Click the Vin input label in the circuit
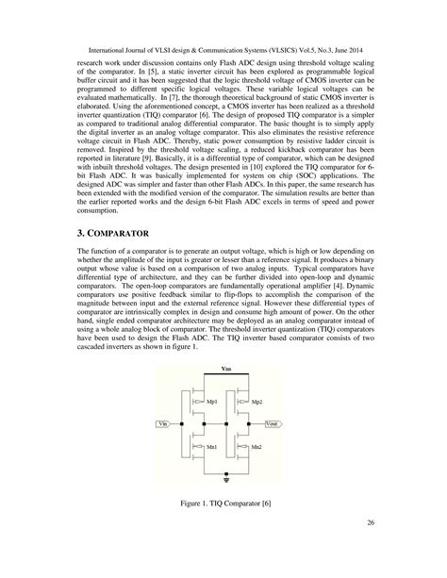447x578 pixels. tap(163, 425)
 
